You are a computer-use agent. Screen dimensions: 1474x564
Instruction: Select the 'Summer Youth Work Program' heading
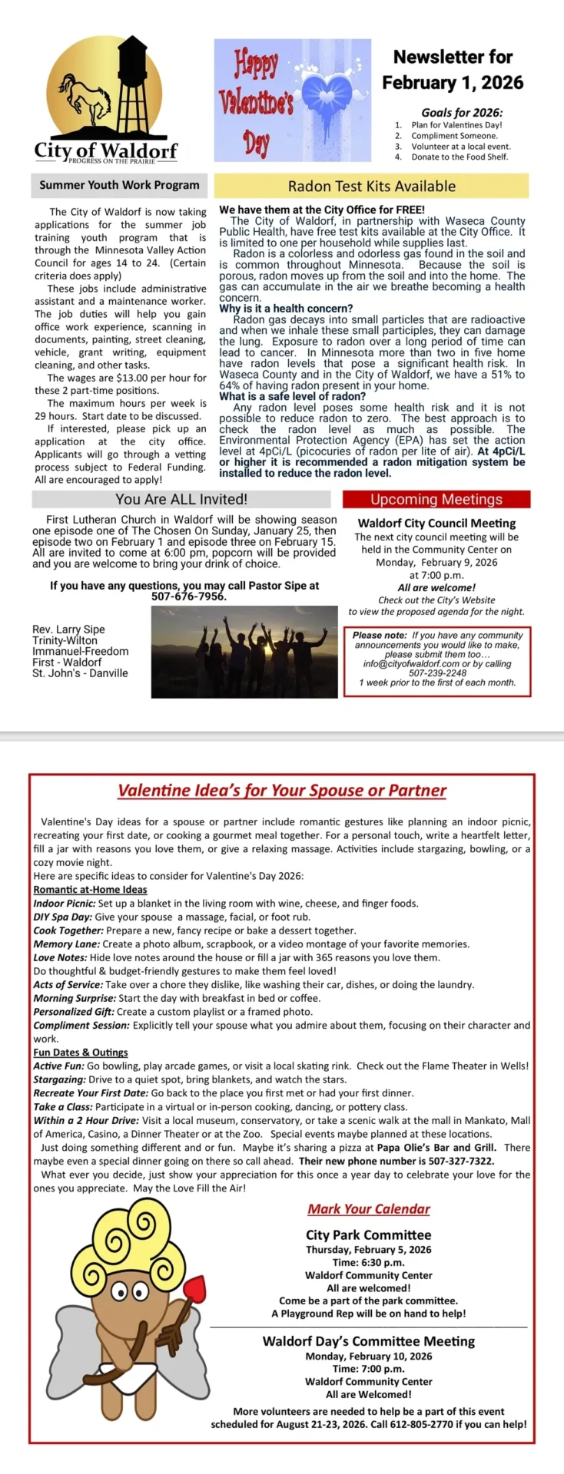tap(119, 185)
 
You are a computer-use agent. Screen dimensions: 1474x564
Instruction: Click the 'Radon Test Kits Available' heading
tap(371, 186)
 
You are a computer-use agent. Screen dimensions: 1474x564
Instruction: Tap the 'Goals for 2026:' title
tap(461, 112)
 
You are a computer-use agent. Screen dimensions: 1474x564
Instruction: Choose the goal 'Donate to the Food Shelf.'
tap(459, 157)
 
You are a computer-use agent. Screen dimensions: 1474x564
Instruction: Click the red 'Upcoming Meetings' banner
tap(436, 499)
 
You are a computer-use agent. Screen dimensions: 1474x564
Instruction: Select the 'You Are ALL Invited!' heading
tap(181, 499)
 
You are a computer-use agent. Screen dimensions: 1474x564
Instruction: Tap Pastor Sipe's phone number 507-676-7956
tap(188, 597)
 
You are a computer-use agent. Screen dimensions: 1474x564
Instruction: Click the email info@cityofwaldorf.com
tap(411, 664)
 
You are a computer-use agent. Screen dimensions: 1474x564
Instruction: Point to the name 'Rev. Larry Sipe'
tap(68, 630)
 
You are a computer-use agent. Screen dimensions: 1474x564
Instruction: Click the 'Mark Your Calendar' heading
tap(369, 1208)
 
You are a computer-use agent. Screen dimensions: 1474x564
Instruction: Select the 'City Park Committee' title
tap(368, 1234)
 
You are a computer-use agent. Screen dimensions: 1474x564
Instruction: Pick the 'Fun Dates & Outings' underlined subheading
tap(81, 1053)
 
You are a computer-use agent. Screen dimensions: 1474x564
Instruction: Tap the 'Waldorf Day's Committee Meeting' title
tap(368, 1341)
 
